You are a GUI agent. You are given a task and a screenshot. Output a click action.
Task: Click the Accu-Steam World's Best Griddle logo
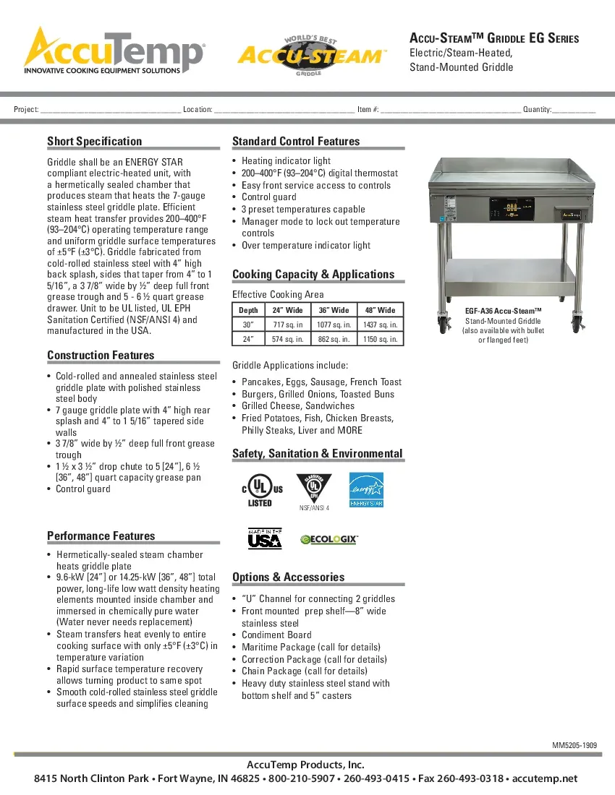[313, 54]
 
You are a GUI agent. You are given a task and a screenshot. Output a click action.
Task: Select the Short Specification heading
[95, 141]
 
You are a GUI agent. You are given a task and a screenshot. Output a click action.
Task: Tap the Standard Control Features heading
[296, 141]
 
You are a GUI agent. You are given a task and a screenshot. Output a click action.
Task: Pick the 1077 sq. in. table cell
[334, 325]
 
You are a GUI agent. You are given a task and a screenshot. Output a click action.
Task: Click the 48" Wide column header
[379, 310]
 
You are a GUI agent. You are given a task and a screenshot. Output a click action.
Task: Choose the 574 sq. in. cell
[288, 339]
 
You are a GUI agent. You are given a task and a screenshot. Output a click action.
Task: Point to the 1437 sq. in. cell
[379, 325]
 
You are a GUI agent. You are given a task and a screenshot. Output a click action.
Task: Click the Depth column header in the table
[248, 310]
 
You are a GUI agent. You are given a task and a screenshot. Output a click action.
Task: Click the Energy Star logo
[366, 489]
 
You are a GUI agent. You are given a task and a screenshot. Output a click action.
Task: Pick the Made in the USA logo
[265, 539]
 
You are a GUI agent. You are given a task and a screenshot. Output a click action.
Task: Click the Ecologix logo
[329, 539]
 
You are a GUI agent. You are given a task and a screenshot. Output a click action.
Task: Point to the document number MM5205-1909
[574, 744]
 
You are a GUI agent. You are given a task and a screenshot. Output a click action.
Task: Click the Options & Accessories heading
[288, 577]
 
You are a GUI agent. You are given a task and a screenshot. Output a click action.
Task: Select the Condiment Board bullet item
[276, 635]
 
